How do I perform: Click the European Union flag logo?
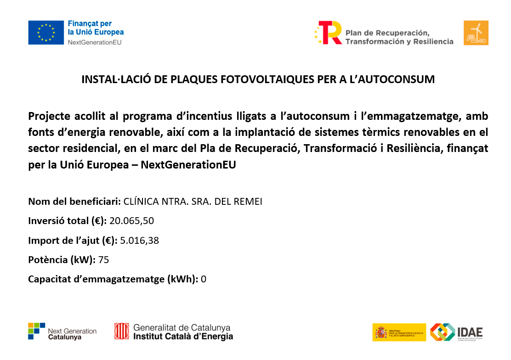pyautogui.click(x=46, y=33)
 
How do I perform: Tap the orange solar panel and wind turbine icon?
pyautogui.click(x=476, y=33)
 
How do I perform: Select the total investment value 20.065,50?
pyautogui.click(x=131, y=221)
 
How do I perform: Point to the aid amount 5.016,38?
pyautogui.click(x=139, y=240)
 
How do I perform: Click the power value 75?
pyautogui.click(x=103, y=259)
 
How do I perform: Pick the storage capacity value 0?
pyautogui.click(x=204, y=279)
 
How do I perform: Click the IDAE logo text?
pyautogui.click(x=470, y=332)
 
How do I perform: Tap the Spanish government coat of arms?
pyautogui.click(x=381, y=332)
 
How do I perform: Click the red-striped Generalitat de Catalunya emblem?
pyautogui.click(x=122, y=331)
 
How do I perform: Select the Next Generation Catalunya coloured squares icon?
pyautogui.click(x=37, y=331)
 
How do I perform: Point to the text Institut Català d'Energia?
pyautogui.click(x=183, y=337)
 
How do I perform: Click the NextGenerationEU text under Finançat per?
pyautogui.click(x=95, y=42)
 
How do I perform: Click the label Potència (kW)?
pyautogui.click(x=62, y=259)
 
